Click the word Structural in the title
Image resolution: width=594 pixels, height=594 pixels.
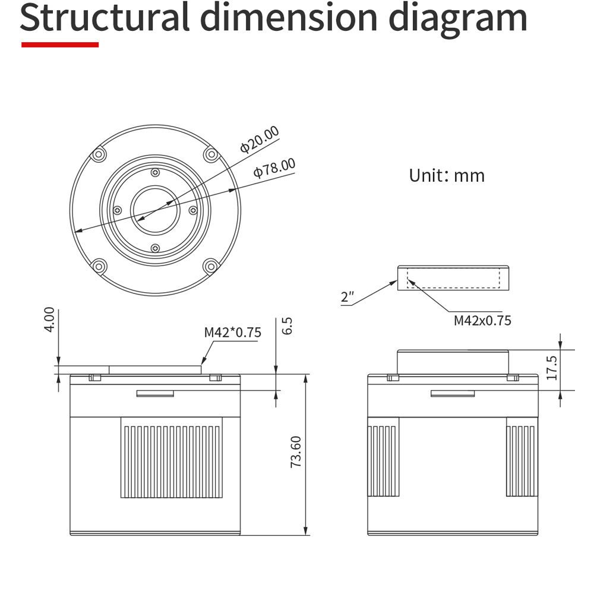[x=105, y=17]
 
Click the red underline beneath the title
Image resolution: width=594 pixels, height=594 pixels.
[x=60, y=45]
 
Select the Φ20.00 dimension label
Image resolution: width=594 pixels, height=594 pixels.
[x=260, y=140]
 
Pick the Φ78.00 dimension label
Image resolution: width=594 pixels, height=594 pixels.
[x=274, y=168]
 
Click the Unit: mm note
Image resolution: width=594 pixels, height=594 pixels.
[x=447, y=175]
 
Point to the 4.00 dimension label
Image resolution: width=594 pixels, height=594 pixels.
[x=49, y=320]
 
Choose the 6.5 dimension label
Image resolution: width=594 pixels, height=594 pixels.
[x=287, y=326]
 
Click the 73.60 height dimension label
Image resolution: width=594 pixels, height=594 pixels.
[x=296, y=451]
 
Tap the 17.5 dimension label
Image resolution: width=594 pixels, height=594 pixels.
[x=552, y=368]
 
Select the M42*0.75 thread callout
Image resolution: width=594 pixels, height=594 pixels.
[x=233, y=332]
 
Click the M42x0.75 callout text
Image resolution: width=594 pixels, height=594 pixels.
[x=482, y=321]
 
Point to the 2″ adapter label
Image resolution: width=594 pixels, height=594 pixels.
[x=347, y=296]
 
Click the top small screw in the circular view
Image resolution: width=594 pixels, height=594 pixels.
[x=155, y=173]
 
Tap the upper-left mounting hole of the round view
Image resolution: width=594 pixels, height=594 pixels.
[x=99, y=154]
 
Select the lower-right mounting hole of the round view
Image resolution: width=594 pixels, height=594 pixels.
[x=211, y=266]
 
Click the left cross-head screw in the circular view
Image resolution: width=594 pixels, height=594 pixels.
[x=118, y=210]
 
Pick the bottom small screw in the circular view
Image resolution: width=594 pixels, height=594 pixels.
[x=155, y=248]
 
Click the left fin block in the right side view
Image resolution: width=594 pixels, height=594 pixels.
[x=383, y=457]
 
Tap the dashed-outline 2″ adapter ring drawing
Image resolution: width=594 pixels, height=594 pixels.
[x=453, y=278]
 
